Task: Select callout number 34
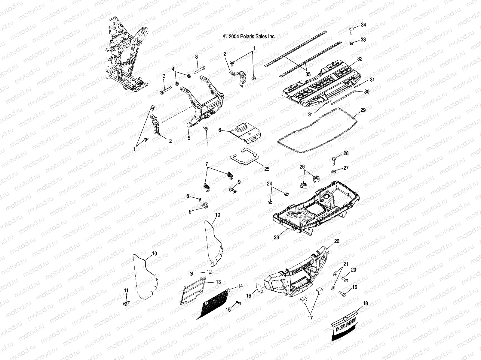[x=363, y=25]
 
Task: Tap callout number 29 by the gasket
[x=363, y=111]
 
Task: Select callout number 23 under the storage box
[x=277, y=237]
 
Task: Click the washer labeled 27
[x=334, y=172]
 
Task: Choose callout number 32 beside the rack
[x=360, y=59]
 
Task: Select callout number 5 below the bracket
[x=189, y=138]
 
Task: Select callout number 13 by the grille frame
[x=218, y=282]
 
